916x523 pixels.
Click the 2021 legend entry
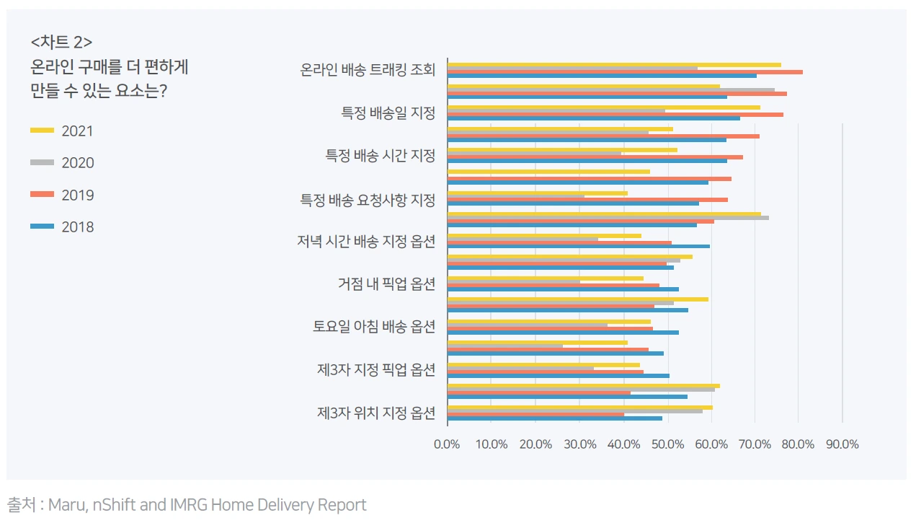(x=62, y=131)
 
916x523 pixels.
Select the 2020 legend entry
(x=62, y=163)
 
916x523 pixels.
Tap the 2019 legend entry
(x=62, y=195)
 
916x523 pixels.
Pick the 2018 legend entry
(x=62, y=227)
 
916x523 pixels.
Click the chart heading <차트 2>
(x=62, y=42)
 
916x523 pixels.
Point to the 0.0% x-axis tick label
(x=447, y=444)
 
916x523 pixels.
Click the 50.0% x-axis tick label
(x=667, y=444)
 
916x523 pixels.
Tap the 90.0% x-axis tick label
(x=842, y=444)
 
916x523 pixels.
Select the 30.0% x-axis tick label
(x=580, y=444)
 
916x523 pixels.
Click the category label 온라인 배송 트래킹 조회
(x=368, y=69)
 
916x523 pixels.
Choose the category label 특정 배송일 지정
(x=388, y=113)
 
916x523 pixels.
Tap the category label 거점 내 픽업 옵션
(x=386, y=284)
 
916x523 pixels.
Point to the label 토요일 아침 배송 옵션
(x=374, y=327)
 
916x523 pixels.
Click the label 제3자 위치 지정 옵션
(x=376, y=413)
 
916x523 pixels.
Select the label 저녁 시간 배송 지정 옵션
(x=366, y=241)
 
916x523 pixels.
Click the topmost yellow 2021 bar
(x=614, y=65)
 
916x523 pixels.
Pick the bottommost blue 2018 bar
(x=555, y=418)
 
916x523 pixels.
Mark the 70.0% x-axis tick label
(x=755, y=444)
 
